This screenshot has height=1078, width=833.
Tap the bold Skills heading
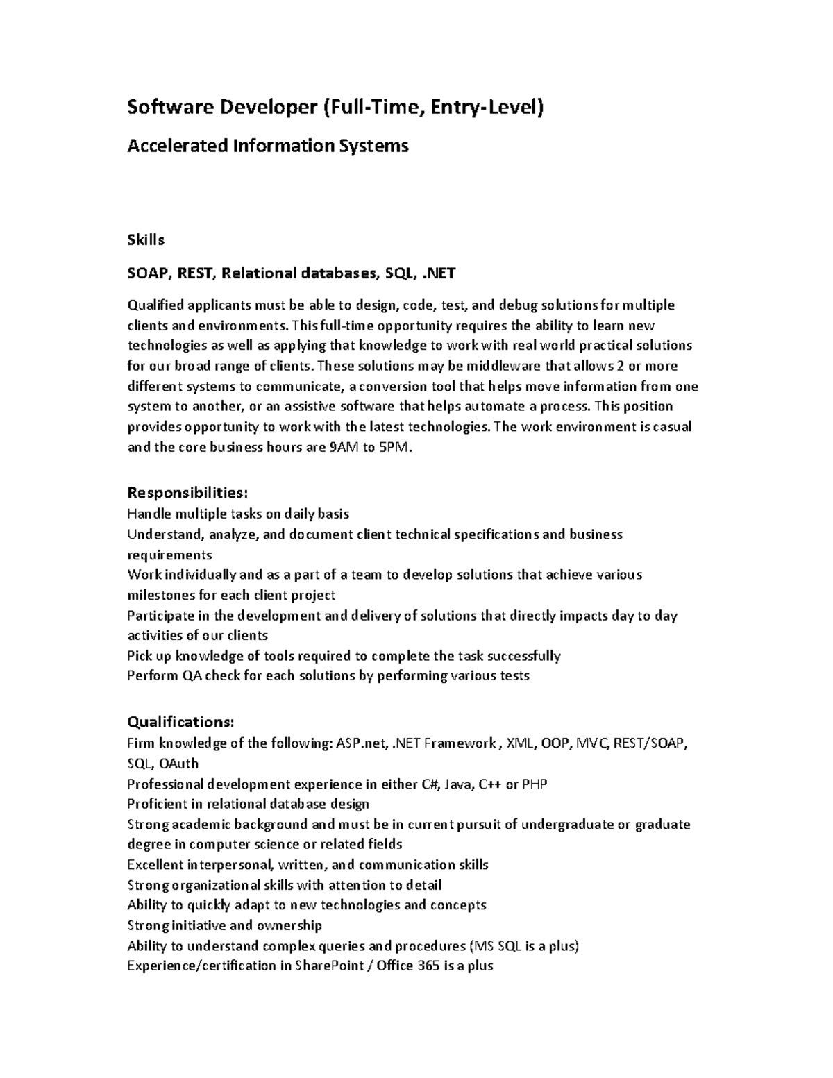coord(146,240)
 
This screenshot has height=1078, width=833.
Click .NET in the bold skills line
coord(439,273)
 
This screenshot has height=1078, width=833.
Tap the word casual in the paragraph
coord(671,427)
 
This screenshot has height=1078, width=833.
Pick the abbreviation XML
coord(521,743)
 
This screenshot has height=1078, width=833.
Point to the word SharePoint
coord(329,966)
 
